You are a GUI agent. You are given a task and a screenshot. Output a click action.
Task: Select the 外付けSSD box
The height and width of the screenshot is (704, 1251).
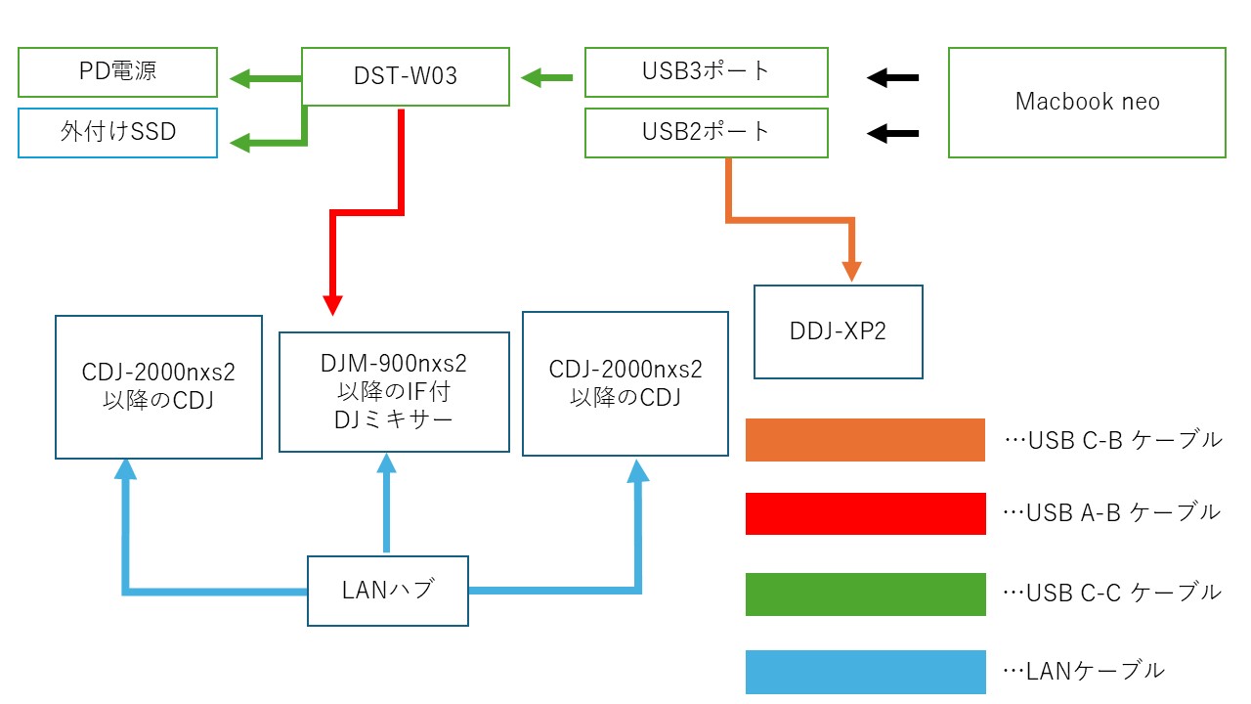[117, 132]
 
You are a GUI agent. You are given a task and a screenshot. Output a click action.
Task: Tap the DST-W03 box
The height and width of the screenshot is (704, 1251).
[405, 76]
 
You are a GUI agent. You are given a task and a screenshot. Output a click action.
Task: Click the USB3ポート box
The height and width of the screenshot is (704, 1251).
[706, 72]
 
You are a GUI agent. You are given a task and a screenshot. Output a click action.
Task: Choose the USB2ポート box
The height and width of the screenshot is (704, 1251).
[706, 132]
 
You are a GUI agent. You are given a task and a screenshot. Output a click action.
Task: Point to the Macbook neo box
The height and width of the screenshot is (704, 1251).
[1087, 102]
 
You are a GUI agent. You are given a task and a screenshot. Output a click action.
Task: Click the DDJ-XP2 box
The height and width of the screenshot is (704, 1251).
[838, 331]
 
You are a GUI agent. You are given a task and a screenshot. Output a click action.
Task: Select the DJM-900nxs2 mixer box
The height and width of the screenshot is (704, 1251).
[394, 391]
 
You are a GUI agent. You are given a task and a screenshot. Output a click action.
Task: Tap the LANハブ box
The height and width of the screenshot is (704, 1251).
[387, 591]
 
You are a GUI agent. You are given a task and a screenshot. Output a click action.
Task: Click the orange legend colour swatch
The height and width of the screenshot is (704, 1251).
[865, 440]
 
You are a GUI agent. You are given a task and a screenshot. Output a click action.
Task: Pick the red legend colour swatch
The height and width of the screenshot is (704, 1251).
[865, 513]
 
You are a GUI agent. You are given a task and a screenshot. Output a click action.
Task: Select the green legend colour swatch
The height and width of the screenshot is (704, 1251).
[865, 594]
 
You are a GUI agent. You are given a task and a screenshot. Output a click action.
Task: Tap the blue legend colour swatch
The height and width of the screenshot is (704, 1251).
[865, 672]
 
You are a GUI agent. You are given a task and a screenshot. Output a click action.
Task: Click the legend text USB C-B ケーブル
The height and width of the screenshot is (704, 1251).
[1114, 440]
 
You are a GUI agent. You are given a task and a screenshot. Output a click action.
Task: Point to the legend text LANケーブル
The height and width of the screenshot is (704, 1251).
[1085, 671]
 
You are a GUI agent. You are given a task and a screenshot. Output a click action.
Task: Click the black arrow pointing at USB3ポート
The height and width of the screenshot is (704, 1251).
[893, 77]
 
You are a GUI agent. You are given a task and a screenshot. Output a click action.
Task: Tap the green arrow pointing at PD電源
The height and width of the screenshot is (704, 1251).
[264, 78]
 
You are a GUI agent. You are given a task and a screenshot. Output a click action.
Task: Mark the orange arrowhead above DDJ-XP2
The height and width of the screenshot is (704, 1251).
[853, 271]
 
